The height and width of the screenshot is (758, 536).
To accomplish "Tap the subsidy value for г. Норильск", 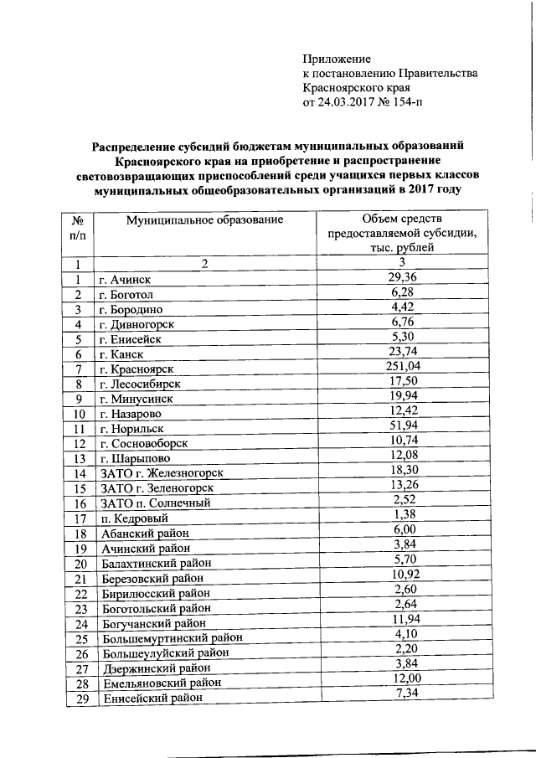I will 403,425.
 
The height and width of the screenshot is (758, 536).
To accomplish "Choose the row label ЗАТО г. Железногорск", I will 164,474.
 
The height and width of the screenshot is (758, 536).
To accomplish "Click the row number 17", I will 80,519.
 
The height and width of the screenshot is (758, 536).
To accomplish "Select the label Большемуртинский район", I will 164,640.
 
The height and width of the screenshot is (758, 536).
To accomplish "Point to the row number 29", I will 80,700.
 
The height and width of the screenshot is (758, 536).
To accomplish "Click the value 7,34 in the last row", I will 403,693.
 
